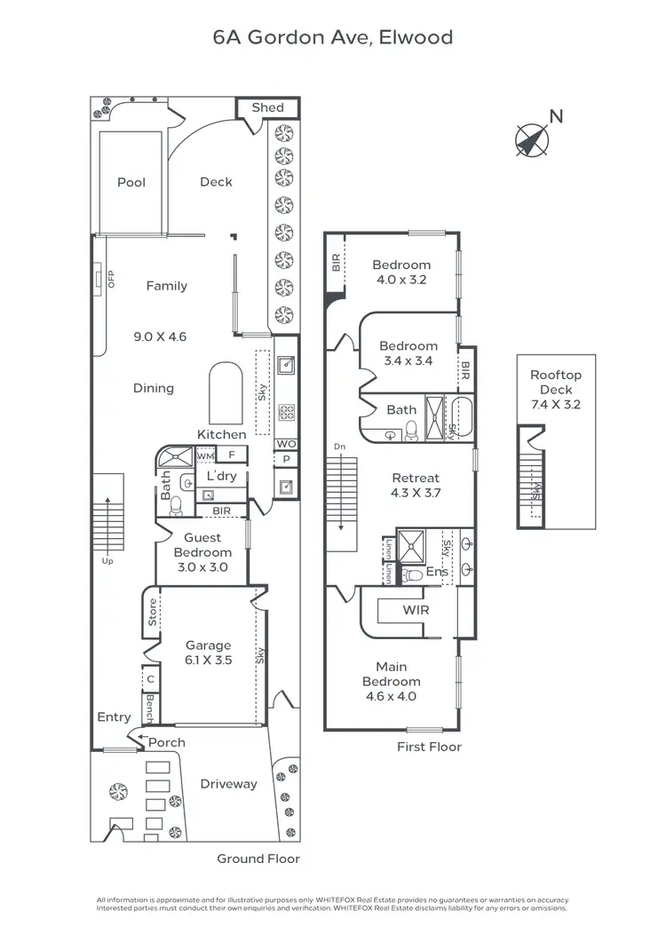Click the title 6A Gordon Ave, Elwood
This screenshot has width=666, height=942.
click(x=332, y=37)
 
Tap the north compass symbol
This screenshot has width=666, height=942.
click(x=533, y=139)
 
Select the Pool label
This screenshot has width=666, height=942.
click(x=131, y=182)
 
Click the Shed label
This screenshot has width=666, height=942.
click(x=267, y=107)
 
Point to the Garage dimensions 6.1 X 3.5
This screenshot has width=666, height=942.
click(x=208, y=660)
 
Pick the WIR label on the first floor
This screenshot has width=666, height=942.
click(x=416, y=612)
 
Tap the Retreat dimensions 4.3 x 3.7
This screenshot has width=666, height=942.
click(x=416, y=492)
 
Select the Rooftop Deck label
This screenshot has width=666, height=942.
click(x=556, y=383)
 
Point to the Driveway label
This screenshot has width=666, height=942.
click(x=228, y=784)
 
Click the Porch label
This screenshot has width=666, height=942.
click(x=167, y=742)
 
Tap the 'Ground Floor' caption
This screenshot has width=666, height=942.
click(x=258, y=859)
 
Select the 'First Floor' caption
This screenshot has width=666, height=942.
click(x=429, y=747)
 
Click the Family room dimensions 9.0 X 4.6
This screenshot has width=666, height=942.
click(x=161, y=336)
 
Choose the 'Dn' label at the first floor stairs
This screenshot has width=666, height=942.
click(x=338, y=446)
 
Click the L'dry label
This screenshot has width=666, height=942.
click(x=221, y=476)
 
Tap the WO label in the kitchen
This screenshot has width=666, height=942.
click(x=286, y=443)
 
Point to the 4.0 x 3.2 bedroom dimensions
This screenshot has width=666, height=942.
click(x=401, y=280)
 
